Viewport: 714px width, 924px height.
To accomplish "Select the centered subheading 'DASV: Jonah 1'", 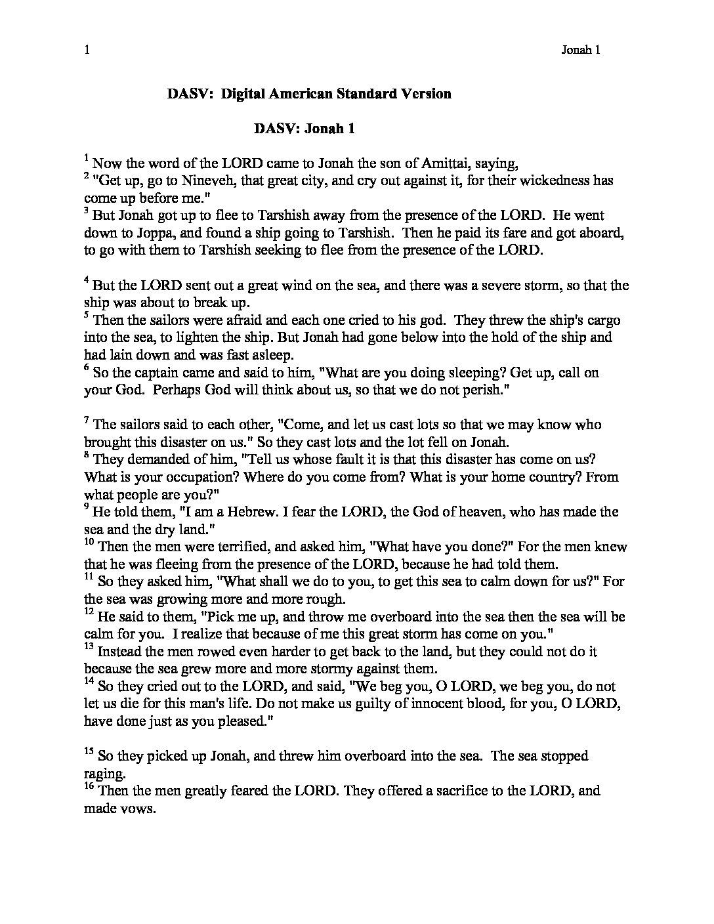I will point(304,129).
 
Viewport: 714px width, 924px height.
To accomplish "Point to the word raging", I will point(101,773).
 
